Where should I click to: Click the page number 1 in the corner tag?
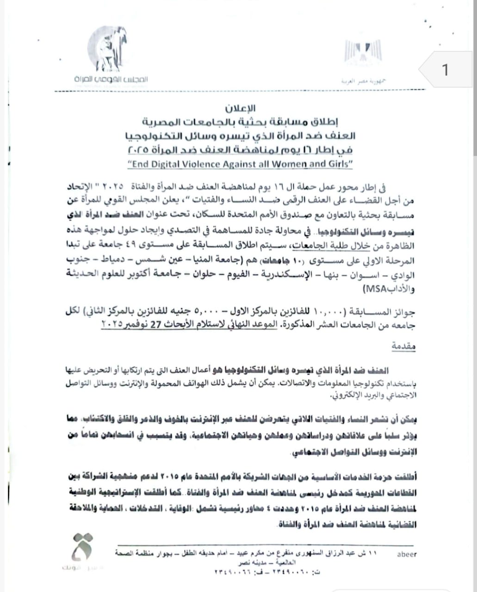[445, 70]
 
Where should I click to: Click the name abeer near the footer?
[407, 554]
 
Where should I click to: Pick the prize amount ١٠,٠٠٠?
[327, 313]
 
